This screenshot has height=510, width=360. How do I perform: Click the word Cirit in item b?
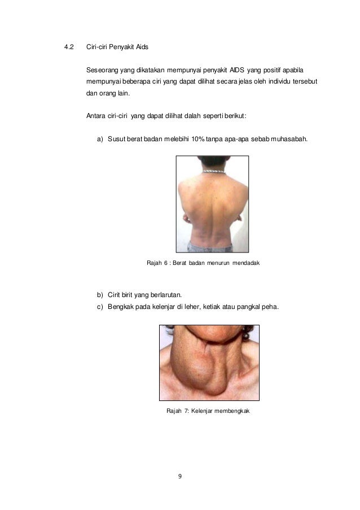115,295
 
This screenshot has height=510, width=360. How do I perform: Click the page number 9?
180,477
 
